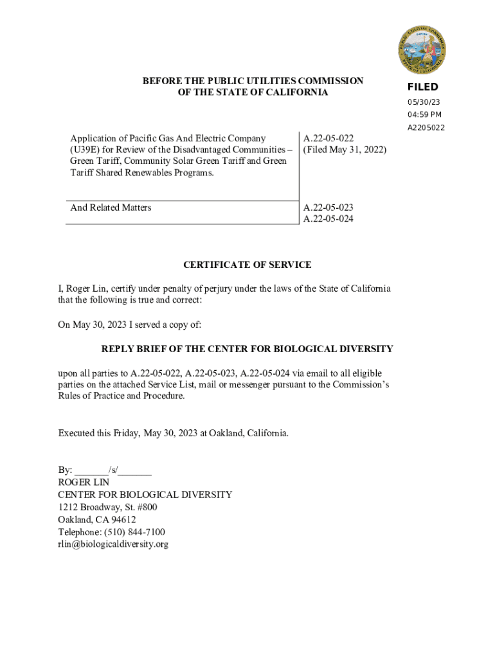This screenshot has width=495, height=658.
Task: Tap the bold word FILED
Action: click(422, 87)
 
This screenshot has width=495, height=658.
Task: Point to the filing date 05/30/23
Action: click(423, 102)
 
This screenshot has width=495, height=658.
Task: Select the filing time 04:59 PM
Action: click(424, 114)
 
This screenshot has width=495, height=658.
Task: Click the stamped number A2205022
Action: click(426, 127)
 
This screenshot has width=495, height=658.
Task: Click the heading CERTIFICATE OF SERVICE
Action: click(248, 265)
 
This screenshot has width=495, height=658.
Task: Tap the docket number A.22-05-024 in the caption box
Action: click(328, 219)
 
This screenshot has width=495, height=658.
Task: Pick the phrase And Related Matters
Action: click(111, 208)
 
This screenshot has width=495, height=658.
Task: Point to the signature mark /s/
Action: click(113, 470)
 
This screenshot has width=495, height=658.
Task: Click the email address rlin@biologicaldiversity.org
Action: click(113, 544)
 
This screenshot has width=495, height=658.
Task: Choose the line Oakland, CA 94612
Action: click(97, 519)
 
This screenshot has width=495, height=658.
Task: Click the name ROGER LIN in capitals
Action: click(84, 482)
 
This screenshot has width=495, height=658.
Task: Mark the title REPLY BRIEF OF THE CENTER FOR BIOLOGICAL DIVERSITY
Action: click(248, 349)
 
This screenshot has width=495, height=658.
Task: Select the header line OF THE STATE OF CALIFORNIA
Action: click(253, 93)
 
